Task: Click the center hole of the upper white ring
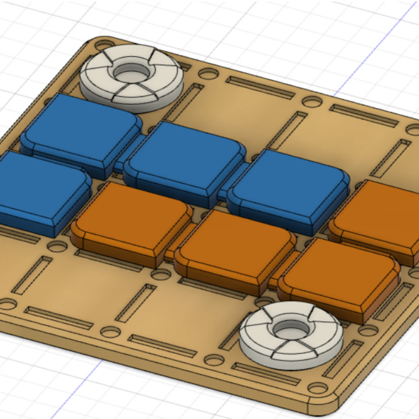(x=131, y=73)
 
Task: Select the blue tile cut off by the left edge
(x=38, y=189)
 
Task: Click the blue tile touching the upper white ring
(x=81, y=128)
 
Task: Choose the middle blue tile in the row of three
(x=185, y=157)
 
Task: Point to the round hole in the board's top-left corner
(x=102, y=45)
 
